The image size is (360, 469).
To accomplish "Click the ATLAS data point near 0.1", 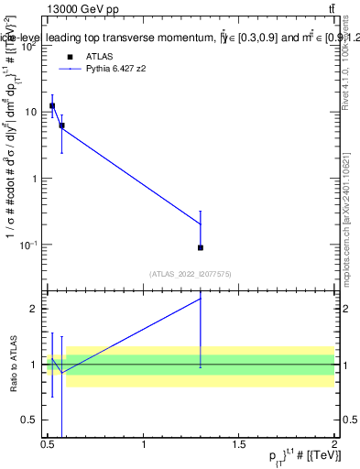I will click(x=201, y=247).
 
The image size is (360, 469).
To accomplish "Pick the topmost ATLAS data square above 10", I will click(x=52, y=105).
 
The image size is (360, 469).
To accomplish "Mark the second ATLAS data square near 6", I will click(x=61, y=125).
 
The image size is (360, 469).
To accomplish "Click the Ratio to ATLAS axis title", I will click(x=13, y=365).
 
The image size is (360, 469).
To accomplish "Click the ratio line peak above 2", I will click(x=201, y=298).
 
